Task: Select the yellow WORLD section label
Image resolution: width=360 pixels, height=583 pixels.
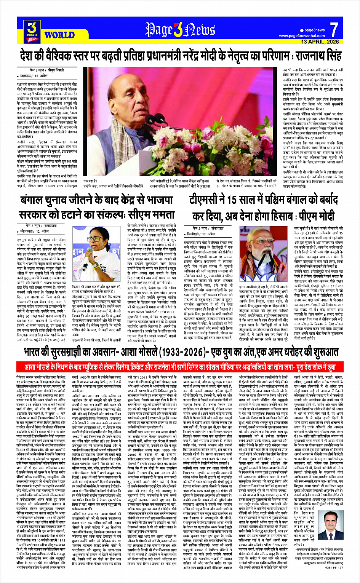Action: (59, 35)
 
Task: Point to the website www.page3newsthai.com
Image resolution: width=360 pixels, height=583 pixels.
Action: (302, 36)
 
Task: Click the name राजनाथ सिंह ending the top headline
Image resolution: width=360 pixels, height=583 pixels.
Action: (319, 56)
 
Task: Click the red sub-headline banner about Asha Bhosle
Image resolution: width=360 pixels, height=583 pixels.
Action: (180, 367)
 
